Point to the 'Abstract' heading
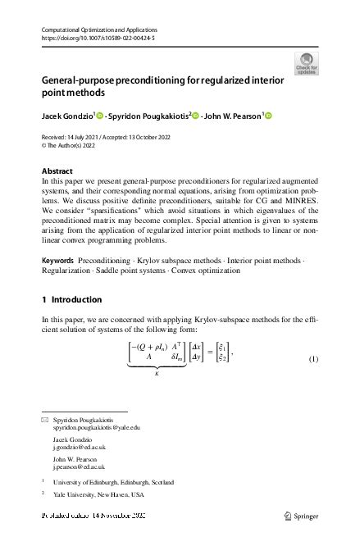point(57,171)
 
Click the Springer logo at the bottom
point(300,516)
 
